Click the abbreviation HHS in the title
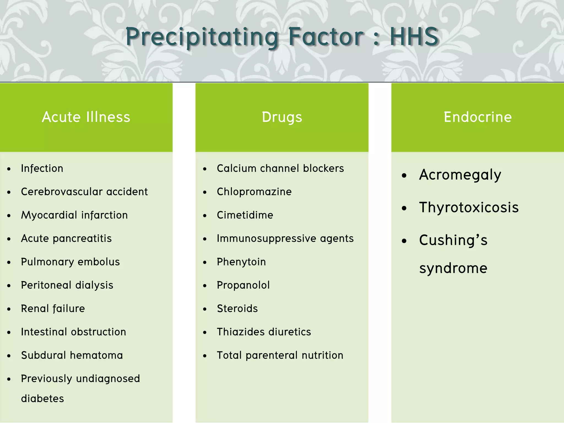click(x=414, y=37)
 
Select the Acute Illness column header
click(x=86, y=117)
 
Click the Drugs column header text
click(x=282, y=117)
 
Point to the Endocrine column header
click(x=478, y=117)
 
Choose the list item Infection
click(x=42, y=168)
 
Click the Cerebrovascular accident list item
click(x=84, y=192)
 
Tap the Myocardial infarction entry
click(x=74, y=215)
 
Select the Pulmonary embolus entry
click(x=70, y=262)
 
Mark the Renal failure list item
click(x=53, y=308)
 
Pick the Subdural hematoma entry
click(x=72, y=355)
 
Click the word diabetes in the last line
click(x=42, y=398)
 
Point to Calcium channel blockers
click(x=280, y=168)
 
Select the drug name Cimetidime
click(x=245, y=215)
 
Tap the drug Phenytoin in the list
click(x=241, y=262)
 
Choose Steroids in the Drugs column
click(x=237, y=308)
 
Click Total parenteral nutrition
click(x=280, y=355)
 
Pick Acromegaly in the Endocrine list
click(x=460, y=175)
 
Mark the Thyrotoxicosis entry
click(x=469, y=207)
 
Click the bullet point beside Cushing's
click(x=404, y=241)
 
